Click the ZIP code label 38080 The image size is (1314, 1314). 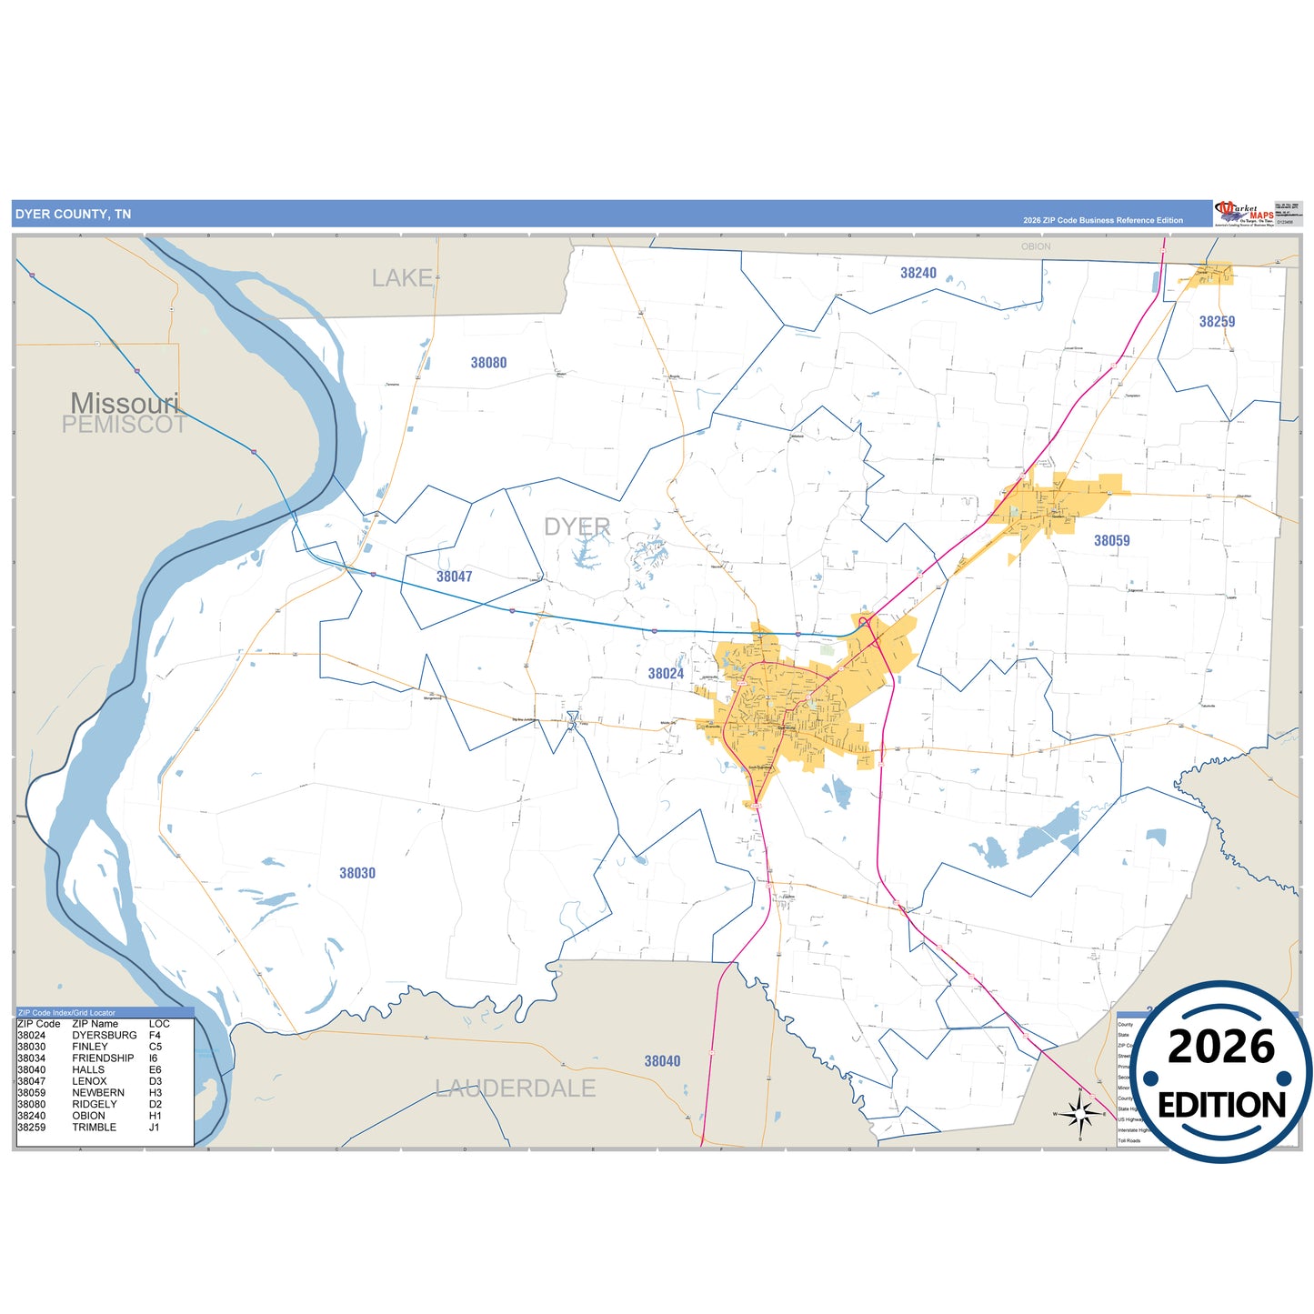[x=488, y=363]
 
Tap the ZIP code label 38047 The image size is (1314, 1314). [x=454, y=577]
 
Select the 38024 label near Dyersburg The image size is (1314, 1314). [x=666, y=674]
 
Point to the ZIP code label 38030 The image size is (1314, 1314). [x=357, y=873]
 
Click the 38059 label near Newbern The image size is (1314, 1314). [x=1111, y=541]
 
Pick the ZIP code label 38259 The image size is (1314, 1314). [x=1217, y=322]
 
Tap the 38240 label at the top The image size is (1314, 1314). [x=918, y=273]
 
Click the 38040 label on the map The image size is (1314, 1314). [x=662, y=1061]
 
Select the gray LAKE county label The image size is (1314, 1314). [x=402, y=278]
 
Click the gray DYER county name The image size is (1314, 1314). [x=577, y=527]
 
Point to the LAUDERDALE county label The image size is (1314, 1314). [x=515, y=1088]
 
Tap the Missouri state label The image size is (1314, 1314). [x=125, y=402]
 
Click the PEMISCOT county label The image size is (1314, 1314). [x=124, y=425]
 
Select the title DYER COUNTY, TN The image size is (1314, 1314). [x=73, y=215]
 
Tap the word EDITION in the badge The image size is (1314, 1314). [x=1221, y=1105]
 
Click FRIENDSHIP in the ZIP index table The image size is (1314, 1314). [x=103, y=1058]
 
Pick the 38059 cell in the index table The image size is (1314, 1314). [x=31, y=1093]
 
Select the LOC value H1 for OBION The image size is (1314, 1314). [x=155, y=1116]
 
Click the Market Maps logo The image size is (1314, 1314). [x=1244, y=214]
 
